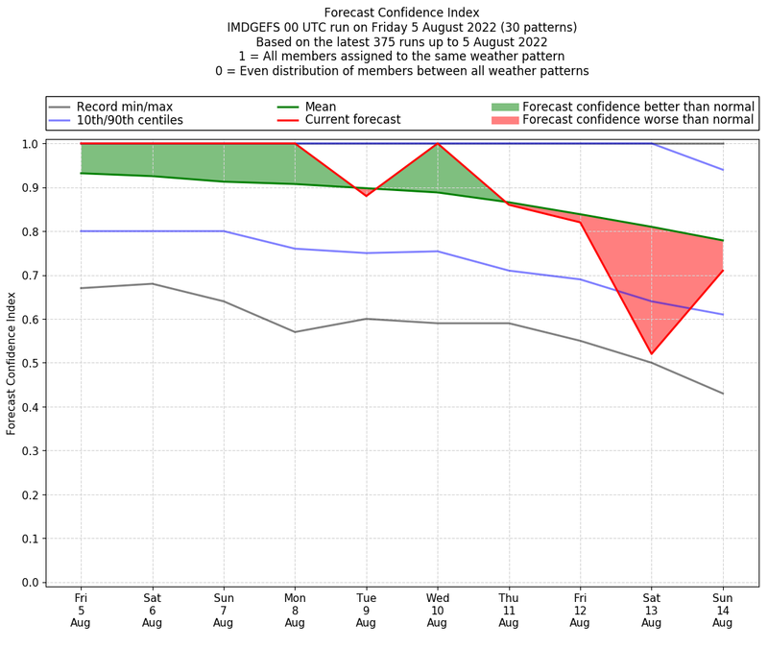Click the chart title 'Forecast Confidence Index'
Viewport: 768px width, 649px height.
401,12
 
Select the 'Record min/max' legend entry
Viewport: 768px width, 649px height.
124,107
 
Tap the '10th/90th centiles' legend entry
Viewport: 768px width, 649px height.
130,120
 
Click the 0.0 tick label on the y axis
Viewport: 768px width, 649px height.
30,583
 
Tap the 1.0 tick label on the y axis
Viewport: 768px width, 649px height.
30,144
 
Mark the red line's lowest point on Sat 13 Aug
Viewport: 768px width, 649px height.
651,354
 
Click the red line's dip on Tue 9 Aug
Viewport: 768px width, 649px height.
366,196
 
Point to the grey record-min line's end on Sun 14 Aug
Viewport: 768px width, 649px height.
722,394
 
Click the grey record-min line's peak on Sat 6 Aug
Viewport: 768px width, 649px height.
152,283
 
